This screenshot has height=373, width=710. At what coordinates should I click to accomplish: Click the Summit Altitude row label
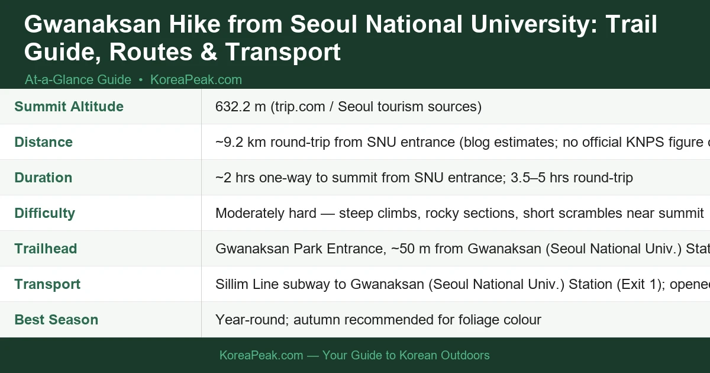pos(69,107)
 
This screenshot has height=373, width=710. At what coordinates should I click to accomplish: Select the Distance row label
pos(43,142)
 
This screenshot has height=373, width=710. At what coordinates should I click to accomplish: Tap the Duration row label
pos(43,178)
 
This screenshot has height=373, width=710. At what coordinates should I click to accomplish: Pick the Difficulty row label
pos(44,213)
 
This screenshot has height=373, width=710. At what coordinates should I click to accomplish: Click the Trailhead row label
pos(46,249)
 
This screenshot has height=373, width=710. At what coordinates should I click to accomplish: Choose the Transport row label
pos(47,284)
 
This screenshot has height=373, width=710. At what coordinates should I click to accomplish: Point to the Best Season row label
pos(56,320)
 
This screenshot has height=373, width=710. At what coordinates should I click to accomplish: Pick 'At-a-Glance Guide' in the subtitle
pos(78,79)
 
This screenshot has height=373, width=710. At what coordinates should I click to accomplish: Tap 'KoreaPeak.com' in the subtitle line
pos(196,79)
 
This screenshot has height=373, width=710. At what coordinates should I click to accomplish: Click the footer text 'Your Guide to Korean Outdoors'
pos(405,355)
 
